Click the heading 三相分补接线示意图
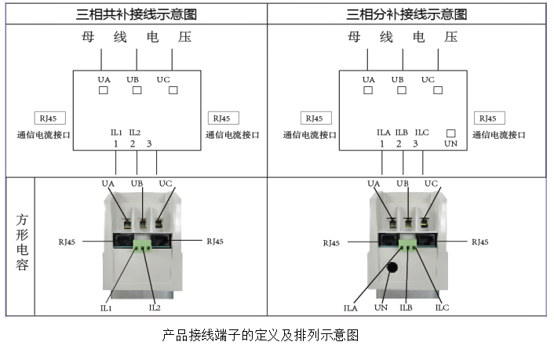click(x=406, y=14)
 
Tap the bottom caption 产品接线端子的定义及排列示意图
click(x=260, y=335)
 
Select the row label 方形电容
click(x=22, y=245)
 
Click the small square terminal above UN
click(x=450, y=133)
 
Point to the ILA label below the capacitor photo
click(x=350, y=308)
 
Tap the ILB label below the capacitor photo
click(x=406, y=308)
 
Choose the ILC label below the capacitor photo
click(x=443, y=308)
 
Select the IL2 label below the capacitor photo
click(x=155, y=308)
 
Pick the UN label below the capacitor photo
click(x=381, y=308)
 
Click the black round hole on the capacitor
click(x=392, y=267)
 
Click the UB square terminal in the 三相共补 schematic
click(x=137, y=90)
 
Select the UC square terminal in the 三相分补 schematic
click(x=428, y=90)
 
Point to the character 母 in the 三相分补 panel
click(x=355, y=37)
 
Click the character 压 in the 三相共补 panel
click(x=184, y=37)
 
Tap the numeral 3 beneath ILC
click(x=416, y=144)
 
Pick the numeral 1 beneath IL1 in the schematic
click(x=115, y=144)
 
